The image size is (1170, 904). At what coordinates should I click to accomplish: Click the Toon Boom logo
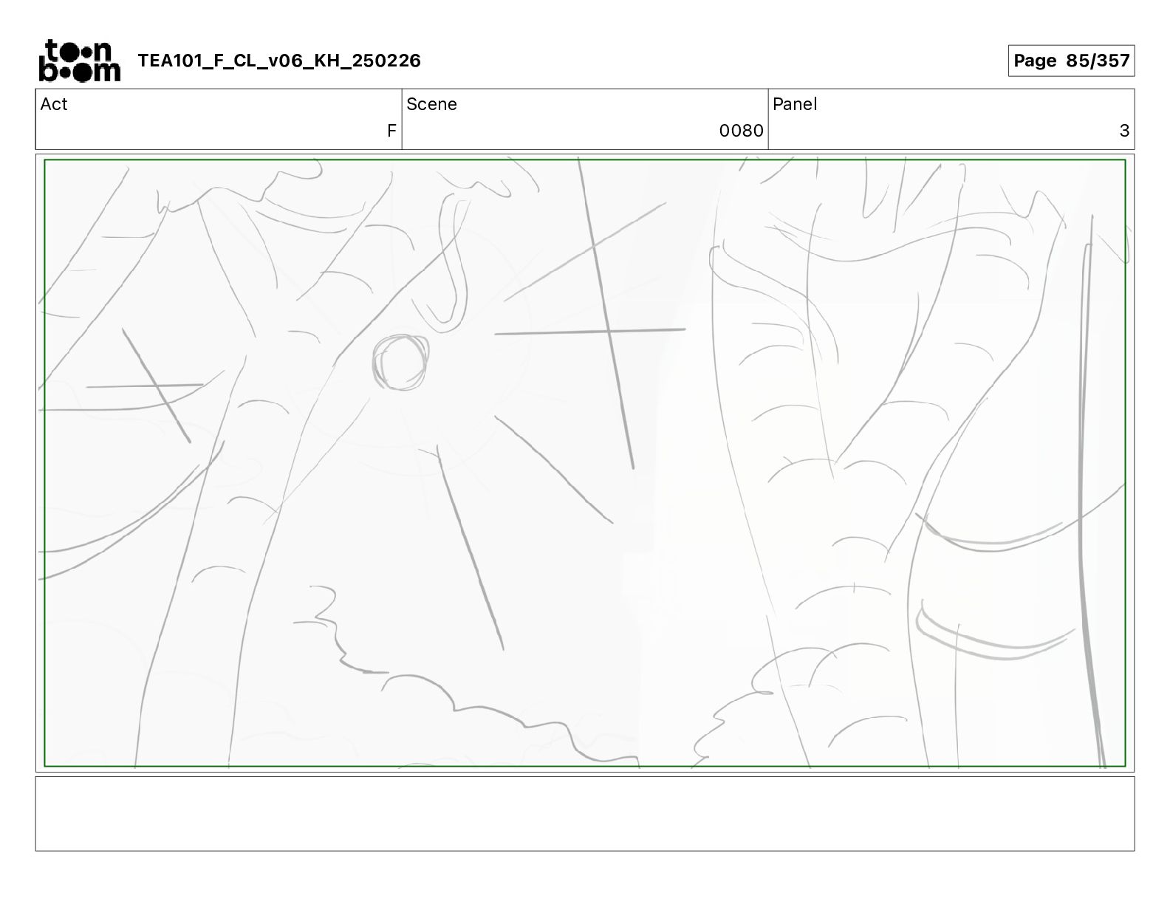coord(80,61)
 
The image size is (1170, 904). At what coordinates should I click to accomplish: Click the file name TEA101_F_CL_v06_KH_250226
coord(279,61)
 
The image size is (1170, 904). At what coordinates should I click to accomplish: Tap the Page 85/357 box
coord(1071,61)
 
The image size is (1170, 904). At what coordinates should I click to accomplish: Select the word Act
coord(54,104)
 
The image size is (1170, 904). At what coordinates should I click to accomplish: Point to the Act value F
coord(391,131)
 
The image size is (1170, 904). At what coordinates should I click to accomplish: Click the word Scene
coord(431,104)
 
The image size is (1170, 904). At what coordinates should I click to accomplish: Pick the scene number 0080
coord(741,131)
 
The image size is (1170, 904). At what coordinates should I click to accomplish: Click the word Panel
coord(795,104)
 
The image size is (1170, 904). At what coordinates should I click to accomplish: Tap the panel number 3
coord(1124,131)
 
